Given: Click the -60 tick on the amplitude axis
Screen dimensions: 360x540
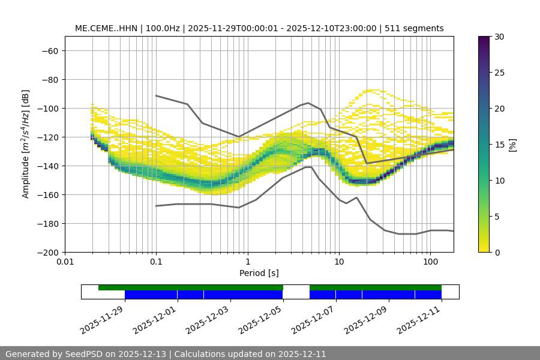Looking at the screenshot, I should (x=49, y=50).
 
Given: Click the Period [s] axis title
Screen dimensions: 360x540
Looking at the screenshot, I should (x=259, y=273).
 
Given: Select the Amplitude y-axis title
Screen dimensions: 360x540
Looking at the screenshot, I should (x=26, y=144).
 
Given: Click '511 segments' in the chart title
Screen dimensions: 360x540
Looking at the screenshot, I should (x=414, y=28).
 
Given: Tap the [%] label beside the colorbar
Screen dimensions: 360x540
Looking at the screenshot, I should (x=512, y=145).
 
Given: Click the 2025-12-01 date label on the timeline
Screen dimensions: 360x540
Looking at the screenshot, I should (x=155, y=319).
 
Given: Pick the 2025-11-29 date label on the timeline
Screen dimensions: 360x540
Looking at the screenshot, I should (x=102, y=319).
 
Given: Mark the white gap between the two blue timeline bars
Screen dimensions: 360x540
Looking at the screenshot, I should (x=296, y=295).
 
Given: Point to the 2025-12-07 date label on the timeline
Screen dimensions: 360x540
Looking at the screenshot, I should (x=313, y=319).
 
